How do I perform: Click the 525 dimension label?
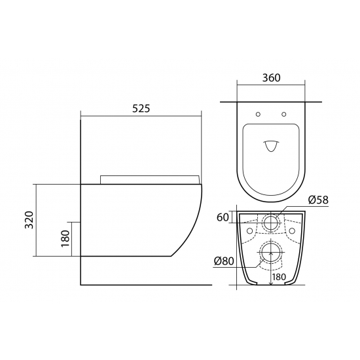click(141, 109)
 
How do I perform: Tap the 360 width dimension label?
click(271, 78)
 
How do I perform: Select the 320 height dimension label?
click(29, 220)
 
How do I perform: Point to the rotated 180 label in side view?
click(65, 238)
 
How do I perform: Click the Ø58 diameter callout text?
click(319, 200)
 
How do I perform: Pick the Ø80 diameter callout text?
click(224, 261)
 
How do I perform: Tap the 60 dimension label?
click(223, 217)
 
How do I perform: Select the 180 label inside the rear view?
click(279, 277)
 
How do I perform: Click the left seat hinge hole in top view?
click(259, 114)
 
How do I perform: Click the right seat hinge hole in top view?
click(284, 114)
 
